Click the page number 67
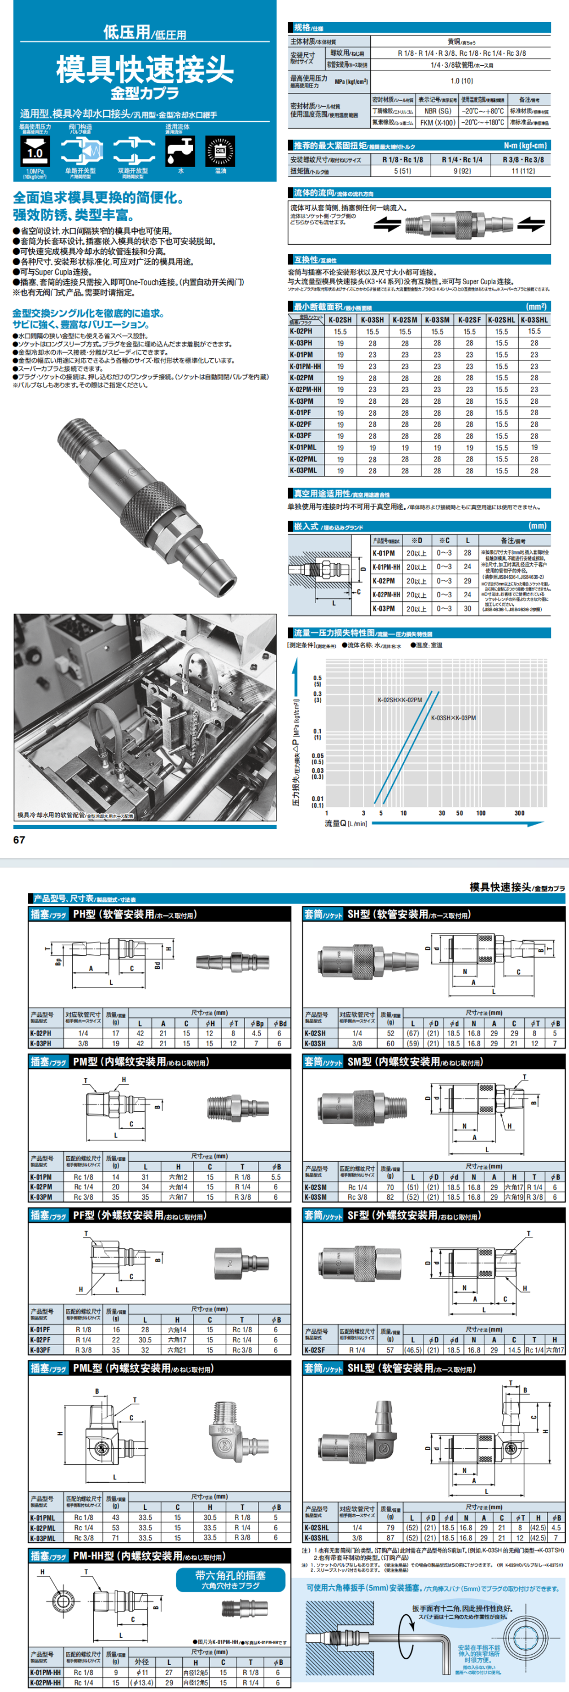19,839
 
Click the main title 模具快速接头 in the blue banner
145,68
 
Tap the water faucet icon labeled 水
181,152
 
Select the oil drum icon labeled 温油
220,152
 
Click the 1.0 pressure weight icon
34,151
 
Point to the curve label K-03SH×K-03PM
453,718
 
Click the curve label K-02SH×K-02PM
400,700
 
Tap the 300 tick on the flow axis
519,813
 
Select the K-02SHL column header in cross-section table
501,320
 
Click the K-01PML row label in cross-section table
303,447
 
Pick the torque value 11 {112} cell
523,171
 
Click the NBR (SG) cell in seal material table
437,111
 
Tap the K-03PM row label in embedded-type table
384,608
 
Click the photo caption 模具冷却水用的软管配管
75,815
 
